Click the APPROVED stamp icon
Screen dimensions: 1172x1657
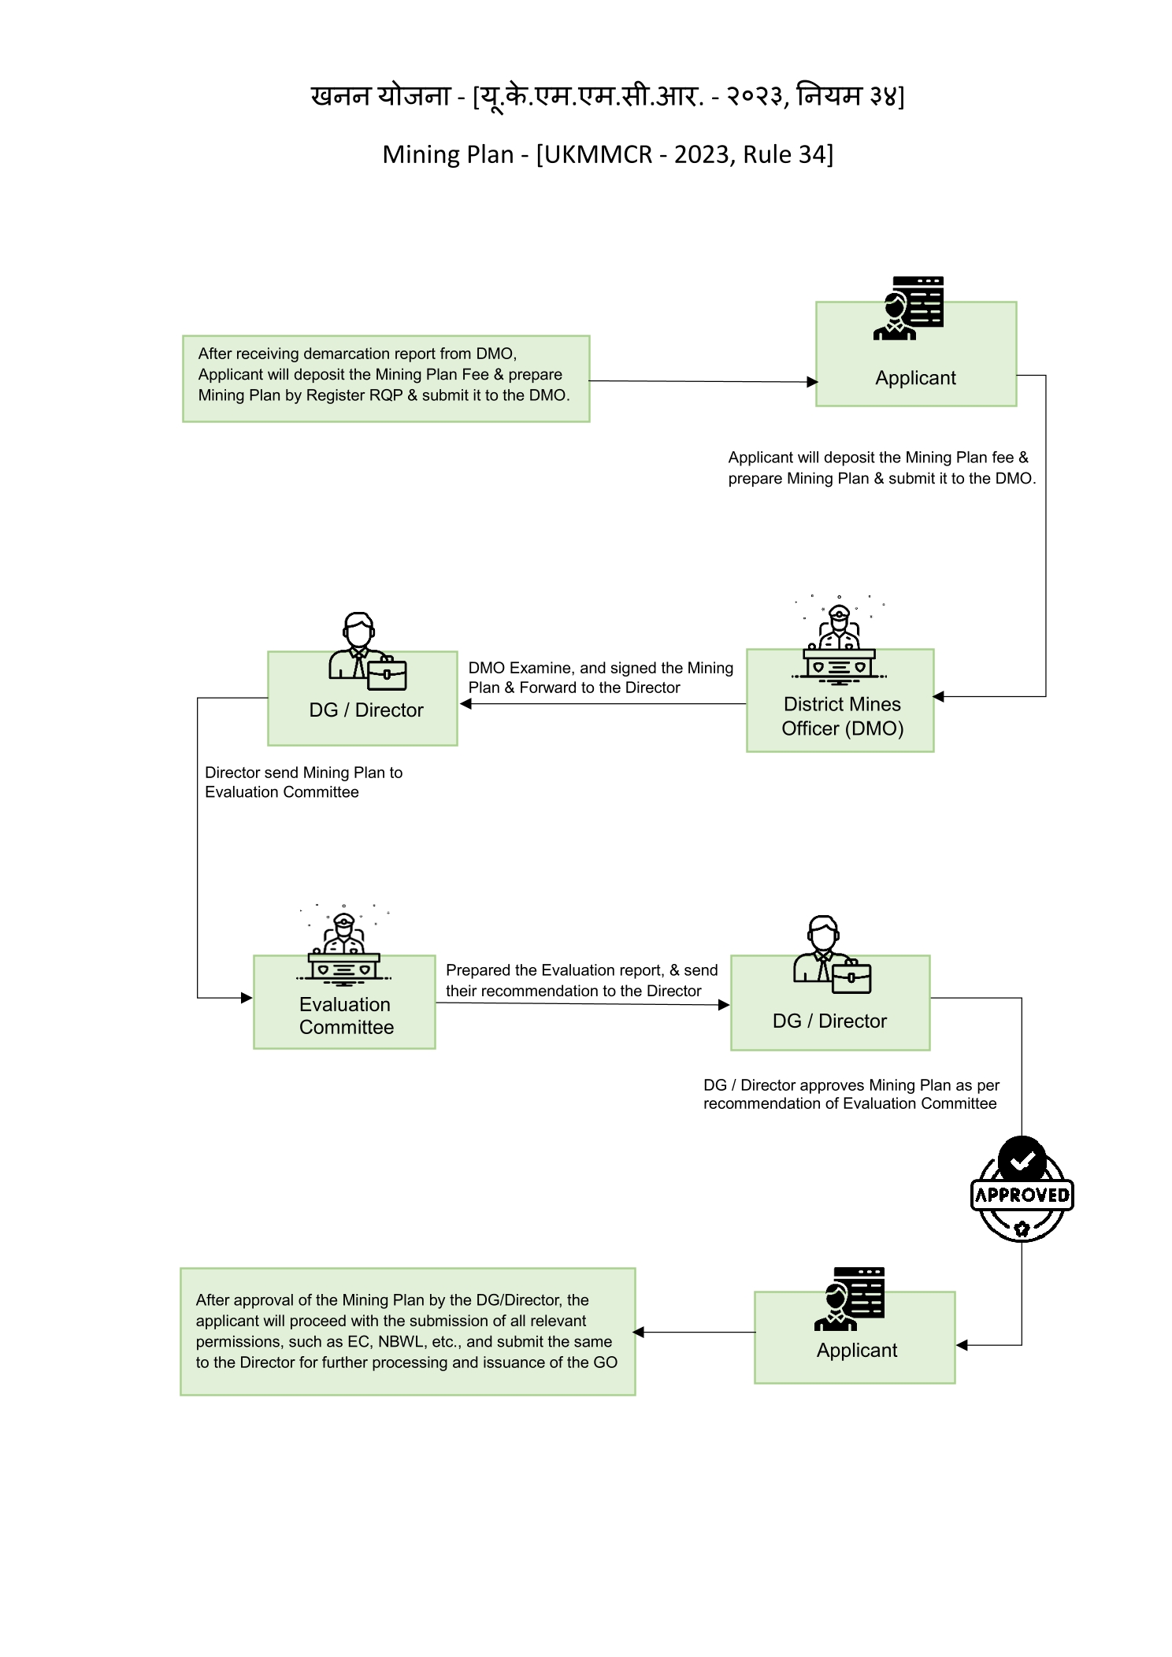click(x=1022, y=1189)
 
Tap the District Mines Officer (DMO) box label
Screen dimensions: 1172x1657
click(x=842, y=716)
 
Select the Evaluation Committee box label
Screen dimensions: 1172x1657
click(x=346, y=1016)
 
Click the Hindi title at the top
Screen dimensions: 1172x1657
click(x=607, y=96)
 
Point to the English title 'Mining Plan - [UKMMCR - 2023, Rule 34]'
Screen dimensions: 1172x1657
click(x=607, y=154)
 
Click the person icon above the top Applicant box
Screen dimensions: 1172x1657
click(x=908, y=308)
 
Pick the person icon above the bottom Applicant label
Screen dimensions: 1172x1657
click(x=849, y=1299)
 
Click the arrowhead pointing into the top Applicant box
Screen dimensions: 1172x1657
click(x=812, y=382)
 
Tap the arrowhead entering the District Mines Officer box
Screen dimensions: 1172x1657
click(x=938, y=696)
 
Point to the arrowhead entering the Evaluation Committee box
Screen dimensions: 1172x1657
click(x=247, y=998)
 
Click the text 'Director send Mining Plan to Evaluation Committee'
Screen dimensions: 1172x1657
click(x=304, y=782)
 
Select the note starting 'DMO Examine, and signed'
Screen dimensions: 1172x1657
click(x=601, y=677)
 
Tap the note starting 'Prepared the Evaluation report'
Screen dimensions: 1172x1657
click(x=582, y=980)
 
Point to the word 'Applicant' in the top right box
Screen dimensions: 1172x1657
click(x=915, y=378)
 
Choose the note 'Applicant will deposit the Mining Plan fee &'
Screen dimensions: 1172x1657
click(x=878, y=458)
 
